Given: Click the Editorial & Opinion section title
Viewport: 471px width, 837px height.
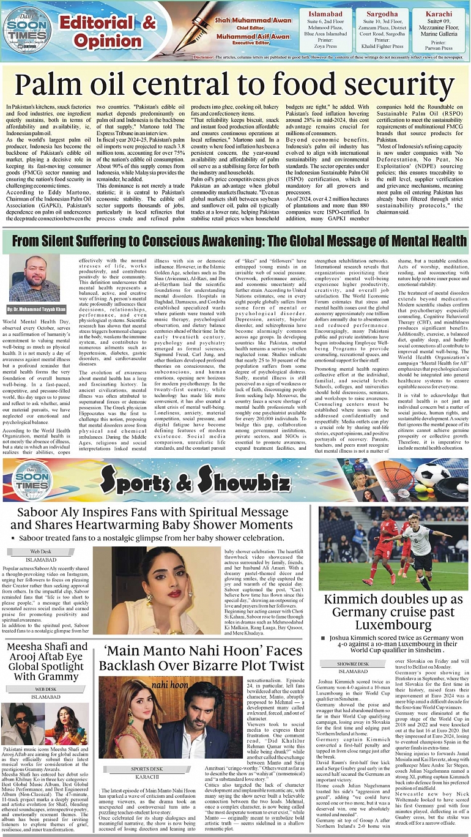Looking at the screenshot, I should coord(108,32).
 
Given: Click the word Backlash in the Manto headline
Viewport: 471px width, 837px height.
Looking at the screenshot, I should coord(128,665).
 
